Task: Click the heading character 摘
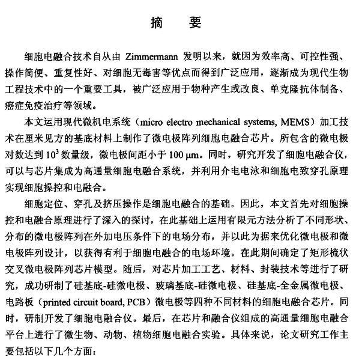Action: click(157, 23)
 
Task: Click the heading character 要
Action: click(195, 23)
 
